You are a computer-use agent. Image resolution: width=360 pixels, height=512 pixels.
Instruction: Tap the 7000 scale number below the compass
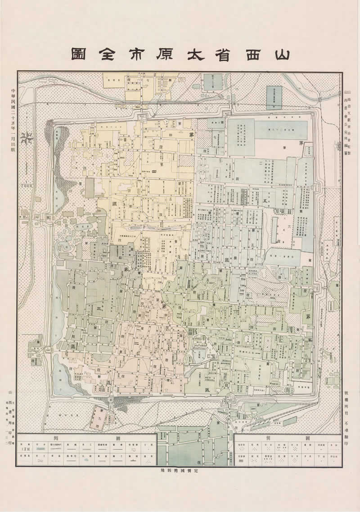28,185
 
